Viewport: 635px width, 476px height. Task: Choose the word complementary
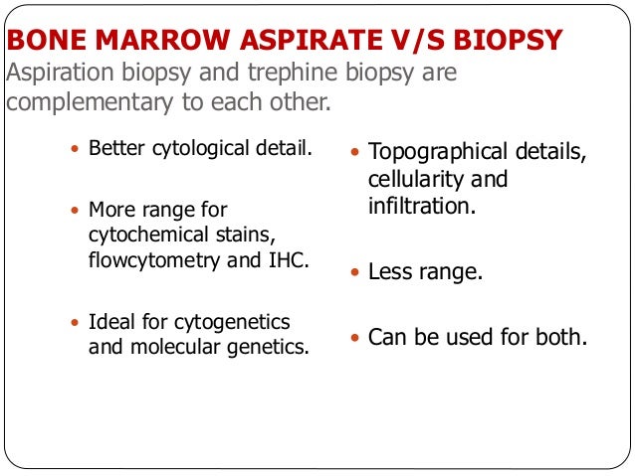(95, 103)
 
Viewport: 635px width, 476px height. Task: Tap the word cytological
(199, 149)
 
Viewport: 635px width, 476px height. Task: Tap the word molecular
(165, 348)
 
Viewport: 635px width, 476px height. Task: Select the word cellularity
(412, 180)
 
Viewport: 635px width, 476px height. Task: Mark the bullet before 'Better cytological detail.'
(76, 150)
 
